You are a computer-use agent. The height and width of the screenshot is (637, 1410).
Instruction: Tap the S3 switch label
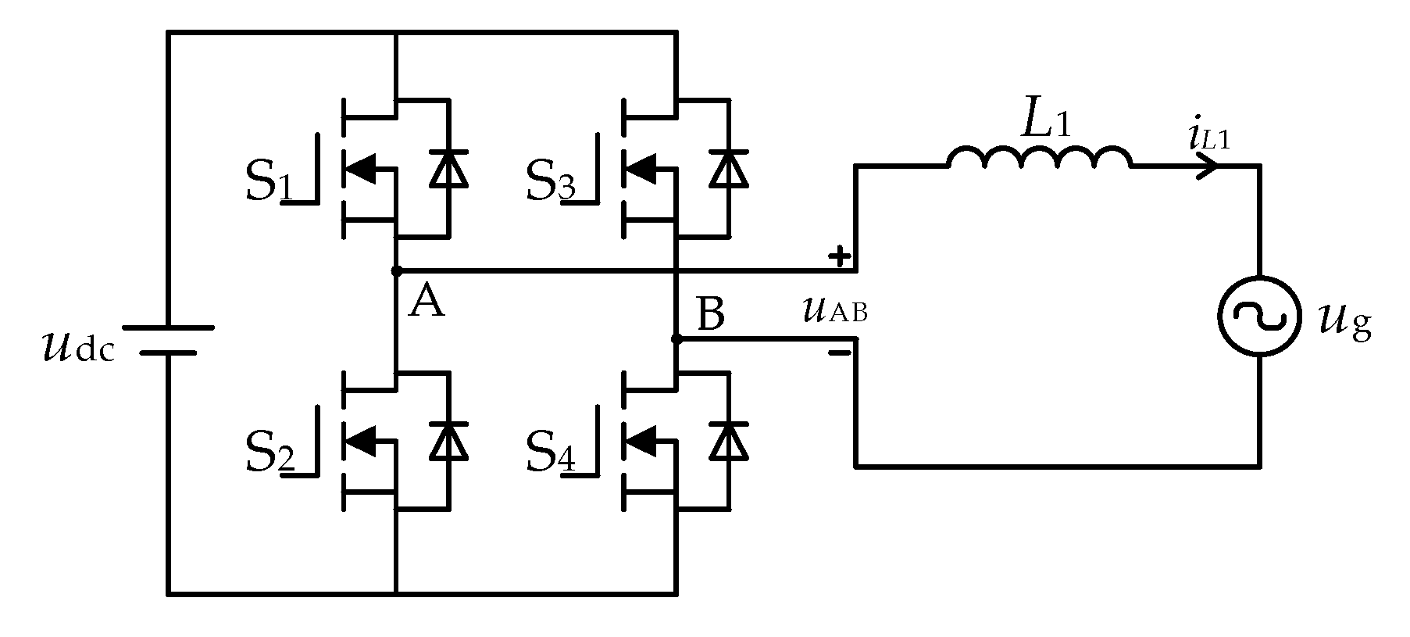550,183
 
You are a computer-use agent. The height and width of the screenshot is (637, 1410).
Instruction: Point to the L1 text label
1045,120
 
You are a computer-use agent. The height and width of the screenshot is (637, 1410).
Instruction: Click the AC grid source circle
1258,317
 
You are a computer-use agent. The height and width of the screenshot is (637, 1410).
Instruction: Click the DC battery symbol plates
167,340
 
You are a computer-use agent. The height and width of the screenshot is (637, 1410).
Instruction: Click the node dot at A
396,271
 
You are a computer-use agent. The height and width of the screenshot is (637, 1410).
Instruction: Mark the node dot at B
676,339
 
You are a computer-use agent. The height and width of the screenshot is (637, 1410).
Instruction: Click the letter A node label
427,302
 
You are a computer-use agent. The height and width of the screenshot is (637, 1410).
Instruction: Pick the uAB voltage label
834,311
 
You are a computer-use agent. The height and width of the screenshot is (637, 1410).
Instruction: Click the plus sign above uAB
839,256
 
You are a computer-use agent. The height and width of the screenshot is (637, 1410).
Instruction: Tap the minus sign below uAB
839,353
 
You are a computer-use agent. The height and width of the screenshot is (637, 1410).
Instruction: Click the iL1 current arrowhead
1208,166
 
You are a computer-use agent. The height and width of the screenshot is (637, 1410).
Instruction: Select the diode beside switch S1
448,169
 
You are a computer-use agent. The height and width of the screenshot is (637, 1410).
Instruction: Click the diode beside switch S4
728,441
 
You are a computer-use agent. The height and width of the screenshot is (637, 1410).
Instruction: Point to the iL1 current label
1208,138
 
